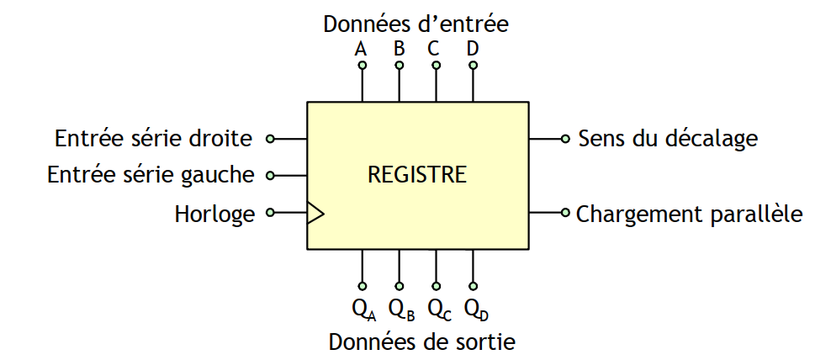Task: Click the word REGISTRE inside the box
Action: point(416,176)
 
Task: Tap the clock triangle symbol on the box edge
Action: point(315,213)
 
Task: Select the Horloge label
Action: point(214,214)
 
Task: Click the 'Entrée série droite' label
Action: point(153,138)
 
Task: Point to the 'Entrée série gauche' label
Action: point(151,175)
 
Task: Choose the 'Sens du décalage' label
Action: point(668,138)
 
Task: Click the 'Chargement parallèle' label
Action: point(689,214)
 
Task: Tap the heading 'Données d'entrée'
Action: point(415,24)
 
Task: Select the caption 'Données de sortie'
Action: point(421,342)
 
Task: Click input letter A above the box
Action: point(361,49)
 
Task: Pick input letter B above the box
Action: point(399,49)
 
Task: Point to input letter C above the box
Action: point(434,49)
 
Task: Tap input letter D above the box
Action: point(473,49)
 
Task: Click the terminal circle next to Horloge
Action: point(270,213)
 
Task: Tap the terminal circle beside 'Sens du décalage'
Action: point(565,138)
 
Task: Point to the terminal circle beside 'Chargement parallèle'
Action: point(565,212)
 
